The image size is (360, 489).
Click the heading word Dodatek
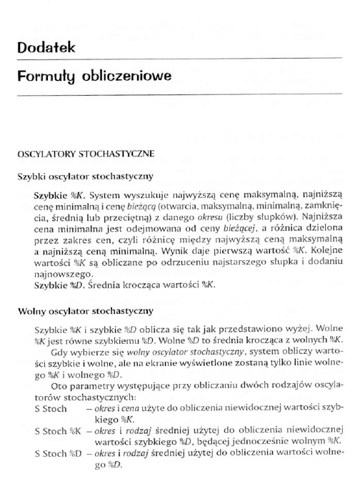point(46,47)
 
